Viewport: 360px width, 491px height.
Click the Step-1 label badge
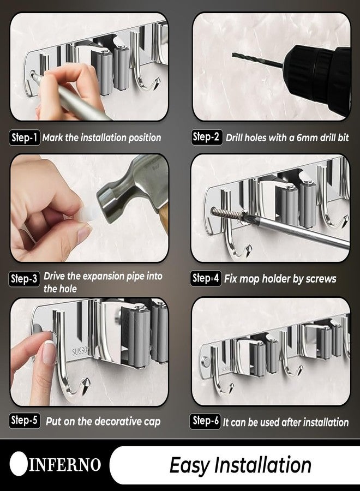point(25,137)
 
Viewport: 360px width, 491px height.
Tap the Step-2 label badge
point(207,137)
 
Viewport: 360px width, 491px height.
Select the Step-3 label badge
point(24,279)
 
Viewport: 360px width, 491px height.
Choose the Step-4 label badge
point(206,278)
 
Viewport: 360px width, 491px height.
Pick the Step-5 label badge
point(25,420)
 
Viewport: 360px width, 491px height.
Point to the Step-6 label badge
point(205,421)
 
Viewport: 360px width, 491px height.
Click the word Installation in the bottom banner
point(264,465)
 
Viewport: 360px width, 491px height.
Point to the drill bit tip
point(233,55)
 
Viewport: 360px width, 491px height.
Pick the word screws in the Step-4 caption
point(321,279)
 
